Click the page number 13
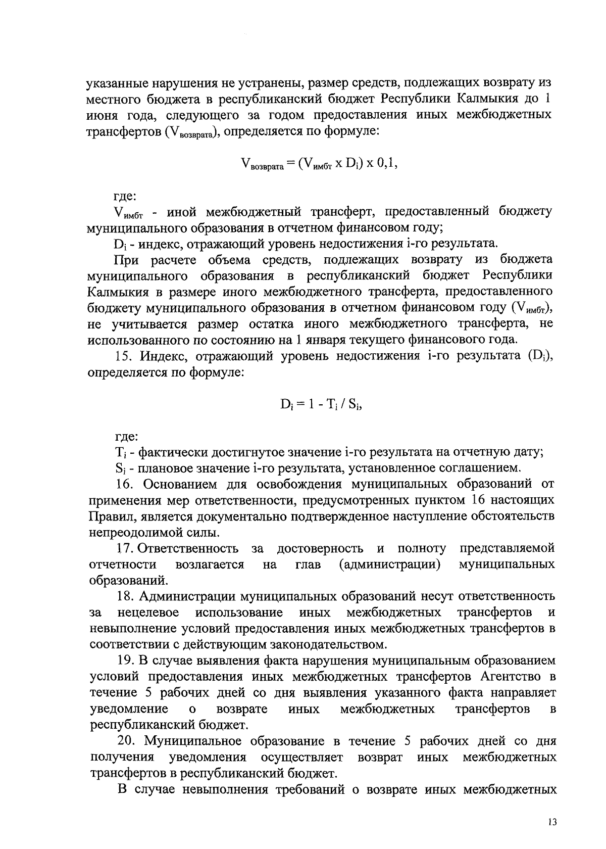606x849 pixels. click(x=551, y=822)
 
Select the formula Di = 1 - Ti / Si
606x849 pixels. click(x=322, y=404)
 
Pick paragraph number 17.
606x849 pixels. click(x=124, y=548)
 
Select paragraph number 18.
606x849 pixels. click(x=125, y=596)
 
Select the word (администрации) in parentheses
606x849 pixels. click(x=389, y=564)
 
